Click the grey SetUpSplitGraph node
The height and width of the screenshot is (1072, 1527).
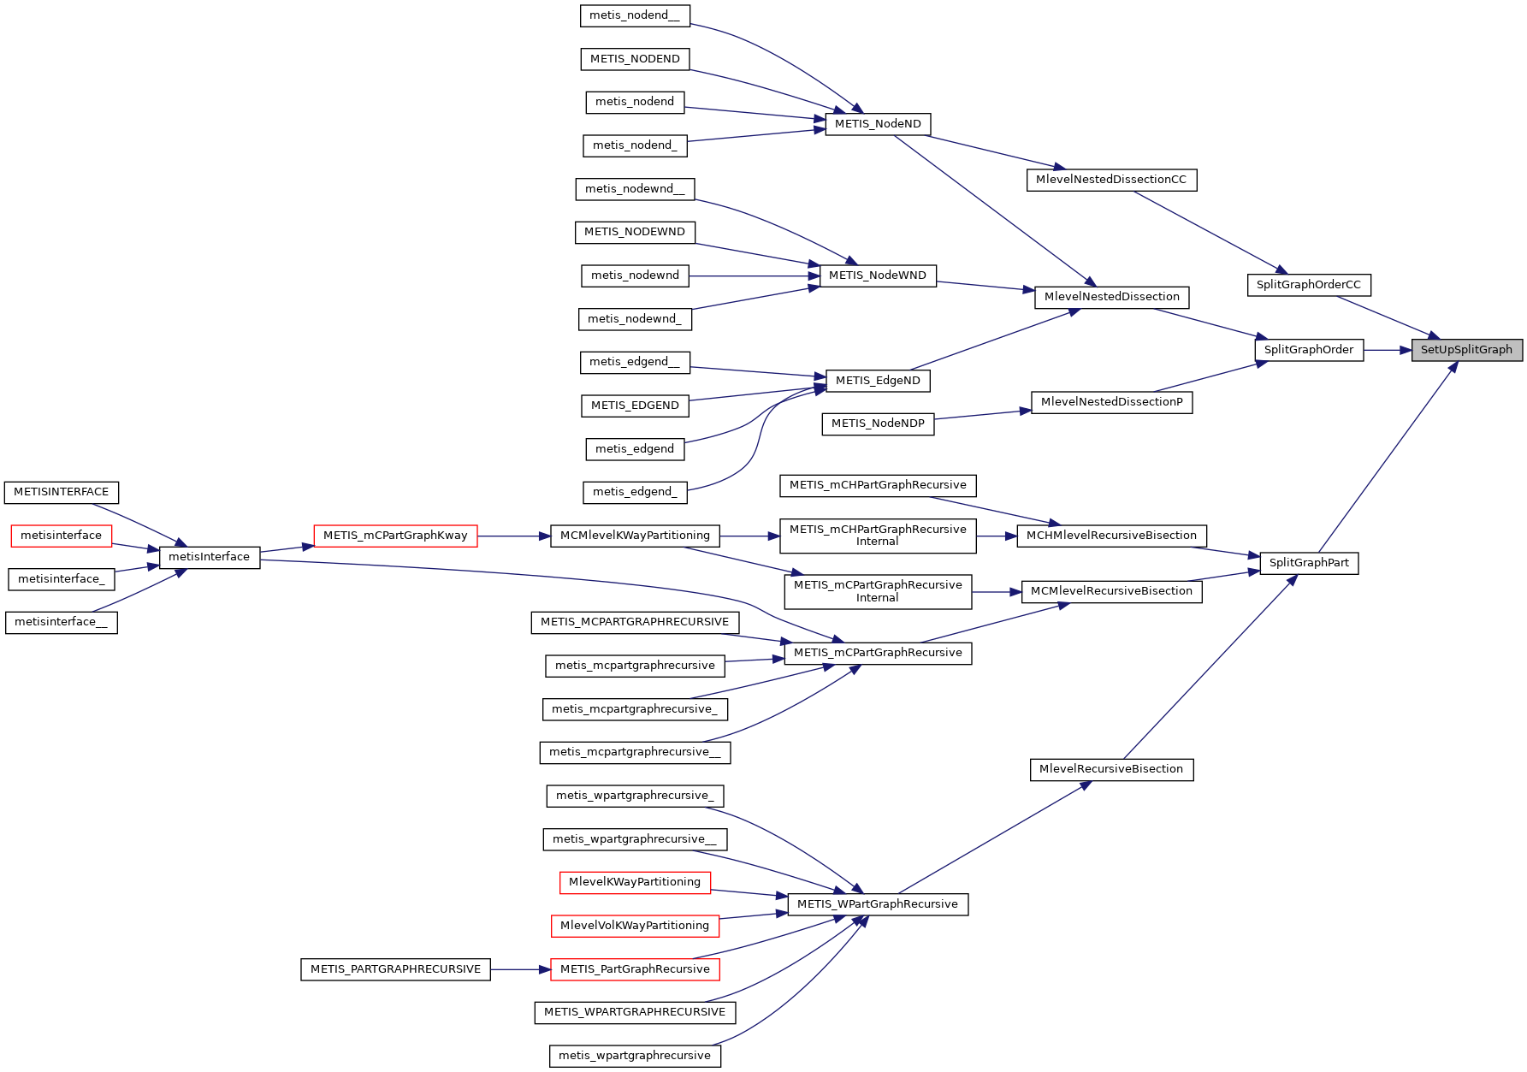[x=1466, y=349]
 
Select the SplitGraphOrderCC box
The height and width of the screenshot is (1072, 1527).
[x=1308, y=285]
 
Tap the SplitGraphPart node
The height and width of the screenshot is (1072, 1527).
[x=1309, y=563]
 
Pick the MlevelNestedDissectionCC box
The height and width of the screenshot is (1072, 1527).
[x=1110, y=180]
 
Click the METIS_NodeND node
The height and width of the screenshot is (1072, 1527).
[x=878, y=124]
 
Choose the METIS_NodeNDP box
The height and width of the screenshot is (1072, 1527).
[x=878, y=423]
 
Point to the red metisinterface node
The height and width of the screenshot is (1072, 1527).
[x=61, y=536]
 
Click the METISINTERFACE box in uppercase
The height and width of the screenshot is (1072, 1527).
[x=61, y=492]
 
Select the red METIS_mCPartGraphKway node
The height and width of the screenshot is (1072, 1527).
[x=395, y=536]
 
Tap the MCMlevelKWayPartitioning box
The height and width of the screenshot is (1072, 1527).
[x=635, y=536]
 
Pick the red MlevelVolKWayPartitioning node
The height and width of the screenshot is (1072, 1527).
[x=634, y=926]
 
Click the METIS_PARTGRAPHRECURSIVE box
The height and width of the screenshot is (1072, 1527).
[x=395, y=969]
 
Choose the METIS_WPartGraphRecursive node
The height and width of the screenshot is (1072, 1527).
[x=877, y=904]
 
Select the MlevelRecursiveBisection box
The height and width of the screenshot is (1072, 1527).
[x=1110, y=769]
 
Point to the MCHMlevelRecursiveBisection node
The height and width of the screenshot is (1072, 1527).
[x=1110, y=536]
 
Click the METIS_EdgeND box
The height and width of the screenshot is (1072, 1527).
[x=878, y=381]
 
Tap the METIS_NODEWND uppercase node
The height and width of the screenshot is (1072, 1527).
[x=634, y=232]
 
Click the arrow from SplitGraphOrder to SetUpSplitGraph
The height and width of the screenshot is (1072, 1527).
[x=1387, y=349]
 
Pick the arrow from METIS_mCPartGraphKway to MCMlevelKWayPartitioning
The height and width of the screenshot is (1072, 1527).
[x=513, y=536]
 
